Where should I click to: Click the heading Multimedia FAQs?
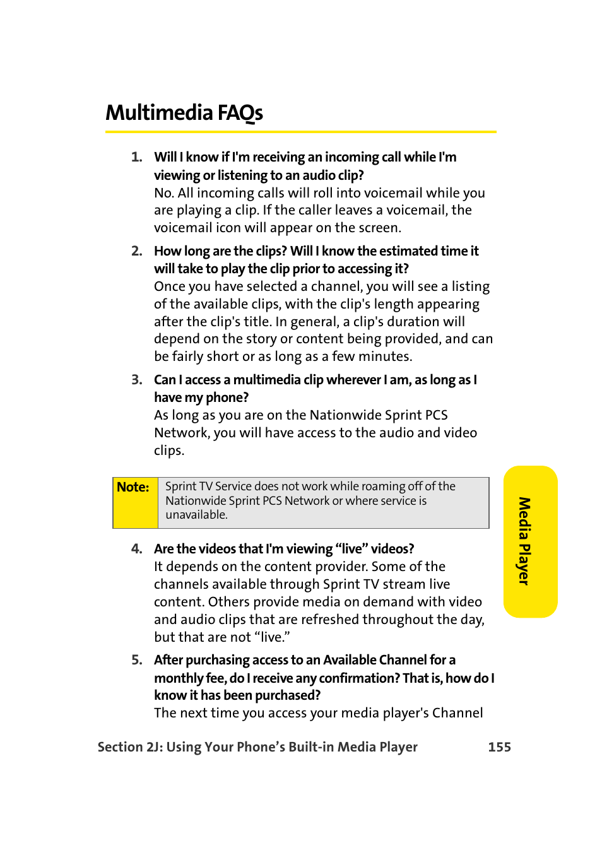pos(184,113)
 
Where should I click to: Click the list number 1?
pos(136,157)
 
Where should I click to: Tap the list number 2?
pos(136,251)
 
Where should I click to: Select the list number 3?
pos(136,380)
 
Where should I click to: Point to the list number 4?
pos(136,549)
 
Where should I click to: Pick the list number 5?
pos(136,660)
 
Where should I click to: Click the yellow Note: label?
pos(133,487)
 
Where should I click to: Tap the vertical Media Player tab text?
pos(524,541)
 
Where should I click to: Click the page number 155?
pos(499,747)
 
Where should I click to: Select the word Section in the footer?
pos(120,747)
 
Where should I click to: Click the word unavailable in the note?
pos(196,515)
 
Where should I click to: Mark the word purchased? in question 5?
pos(288,695)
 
